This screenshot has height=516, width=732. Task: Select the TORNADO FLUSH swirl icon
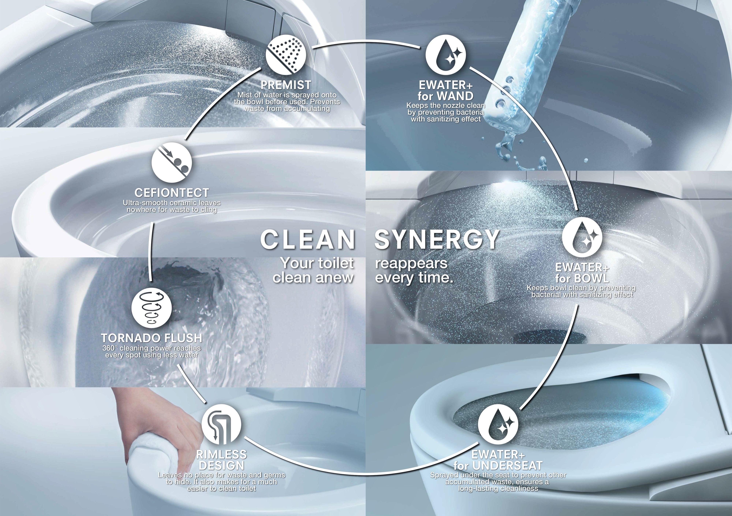152,308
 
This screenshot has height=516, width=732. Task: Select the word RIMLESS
222,454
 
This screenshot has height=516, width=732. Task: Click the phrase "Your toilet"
317,263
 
